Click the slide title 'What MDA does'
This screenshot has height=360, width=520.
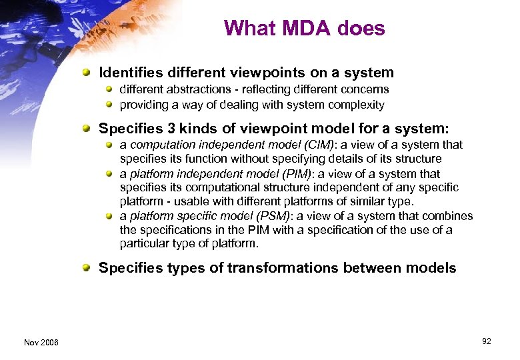pyautogui.click(x=305, y=29)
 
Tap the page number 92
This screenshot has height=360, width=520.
pyautogui.click(x=486, y=341)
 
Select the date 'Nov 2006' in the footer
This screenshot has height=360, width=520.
pyautogui.click(x=41, y=342)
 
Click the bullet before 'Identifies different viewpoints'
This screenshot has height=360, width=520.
pyautogui.click(x=87, y=73)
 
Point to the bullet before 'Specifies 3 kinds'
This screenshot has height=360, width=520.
pyautogui.click(x=87, y=128)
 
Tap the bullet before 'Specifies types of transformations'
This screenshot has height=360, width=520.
pyautogui.click(x=87, y=268)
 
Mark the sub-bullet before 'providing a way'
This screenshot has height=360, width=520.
pyautogui.click(x=109, y=105)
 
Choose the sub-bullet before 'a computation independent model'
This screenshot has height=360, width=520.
pyautogui.click(x=109, y=145)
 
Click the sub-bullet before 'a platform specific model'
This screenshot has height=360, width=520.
pyautogui.click(x=109, y=215)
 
